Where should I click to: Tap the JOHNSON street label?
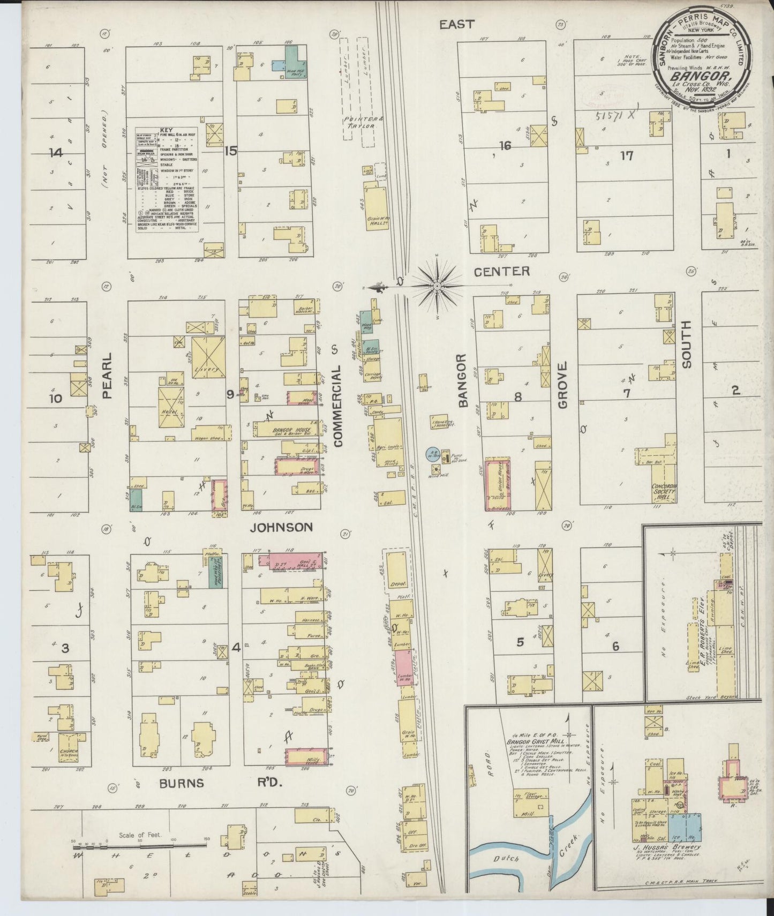[282, 528]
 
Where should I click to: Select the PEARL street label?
[107, 375]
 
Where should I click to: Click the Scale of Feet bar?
[139, 846]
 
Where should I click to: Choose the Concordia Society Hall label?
[664, 491]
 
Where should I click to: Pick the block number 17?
[627, 156]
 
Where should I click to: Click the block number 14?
[55, 153]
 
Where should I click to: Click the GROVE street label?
[562, 386]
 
